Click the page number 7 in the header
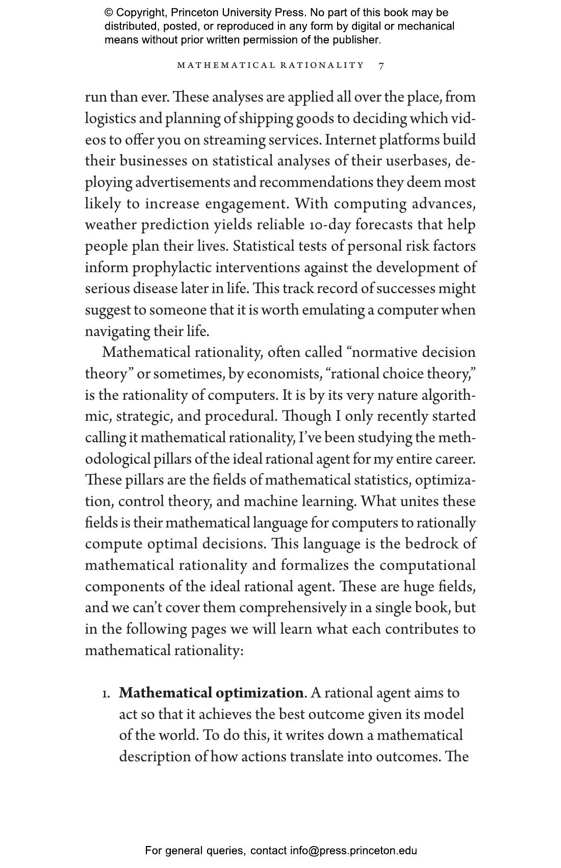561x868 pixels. pyautogui.click(x=381, y=65)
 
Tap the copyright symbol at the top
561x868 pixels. pyautogui.click(x=109, y=13)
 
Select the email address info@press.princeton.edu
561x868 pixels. pyautogui.click(x=353, y=851)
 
